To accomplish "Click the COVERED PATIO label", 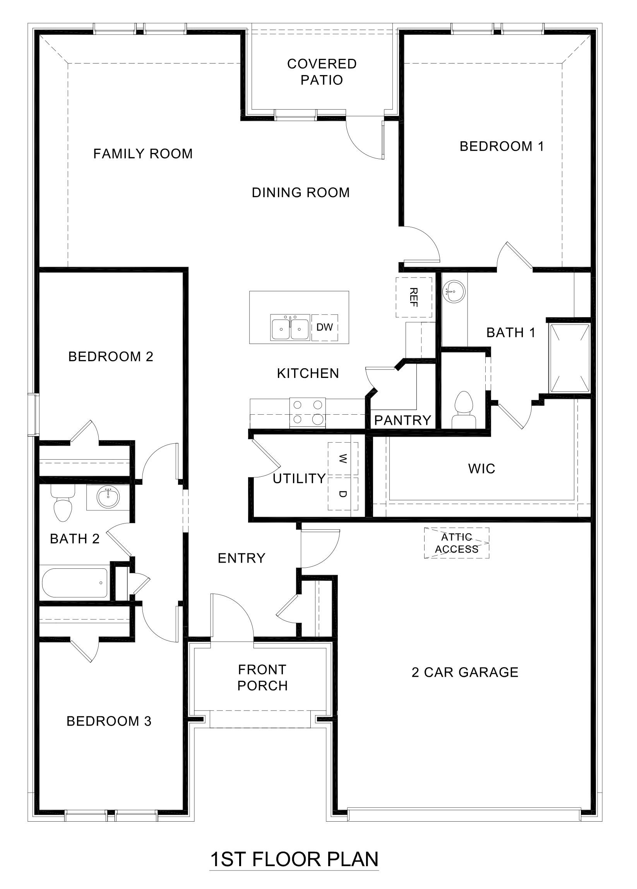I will tap(322, 72).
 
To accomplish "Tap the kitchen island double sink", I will tap(290, 327).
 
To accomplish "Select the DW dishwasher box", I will tap(324, 327).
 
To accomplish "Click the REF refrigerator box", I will tap(414, 297).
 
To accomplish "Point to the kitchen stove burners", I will tap(308, 412).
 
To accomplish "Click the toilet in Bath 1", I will tap(464, 409).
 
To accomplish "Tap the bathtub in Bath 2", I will tap(74, 583).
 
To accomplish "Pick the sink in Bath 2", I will tap(108, 498).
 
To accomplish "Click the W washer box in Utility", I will tap(343, 458).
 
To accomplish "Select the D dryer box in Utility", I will tap(343, 494).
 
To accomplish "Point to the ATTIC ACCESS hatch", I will tap(456, 543).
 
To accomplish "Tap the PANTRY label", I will tap(402, 420).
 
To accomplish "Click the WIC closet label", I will tap(481, 469).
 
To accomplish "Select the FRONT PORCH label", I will tap(262, 677).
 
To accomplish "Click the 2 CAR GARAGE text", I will tap(465, 672).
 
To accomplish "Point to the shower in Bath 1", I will tap(570, 358).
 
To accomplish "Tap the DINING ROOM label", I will tap(300, 192).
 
